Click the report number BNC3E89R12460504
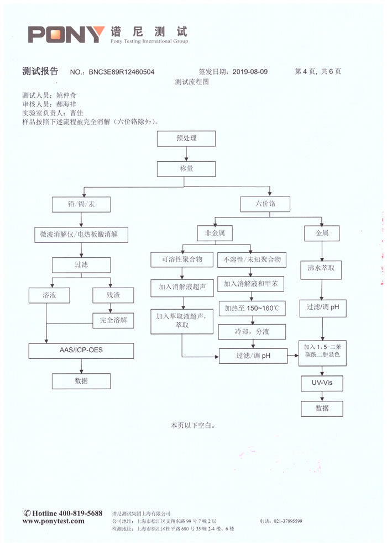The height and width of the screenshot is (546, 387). (122, 72)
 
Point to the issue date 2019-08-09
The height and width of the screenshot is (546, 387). (250, 72)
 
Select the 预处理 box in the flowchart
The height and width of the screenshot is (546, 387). (186, 139)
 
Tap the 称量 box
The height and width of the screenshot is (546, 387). (186, 168)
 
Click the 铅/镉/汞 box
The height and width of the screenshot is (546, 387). (81, 204)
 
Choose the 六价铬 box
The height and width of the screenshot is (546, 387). (265, 204)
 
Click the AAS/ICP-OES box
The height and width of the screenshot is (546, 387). (81, 351)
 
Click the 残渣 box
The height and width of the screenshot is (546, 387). (113, 295)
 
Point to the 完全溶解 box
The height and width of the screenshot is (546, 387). (113, 320)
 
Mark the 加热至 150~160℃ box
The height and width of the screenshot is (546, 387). (252, 308)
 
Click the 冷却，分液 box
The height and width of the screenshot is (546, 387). (252, 332)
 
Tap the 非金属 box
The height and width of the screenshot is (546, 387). (215, 234)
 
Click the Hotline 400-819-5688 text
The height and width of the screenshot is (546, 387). (63, 513)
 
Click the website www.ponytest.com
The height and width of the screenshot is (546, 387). (54, 521)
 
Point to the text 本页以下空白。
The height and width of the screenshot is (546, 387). (192, 426)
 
